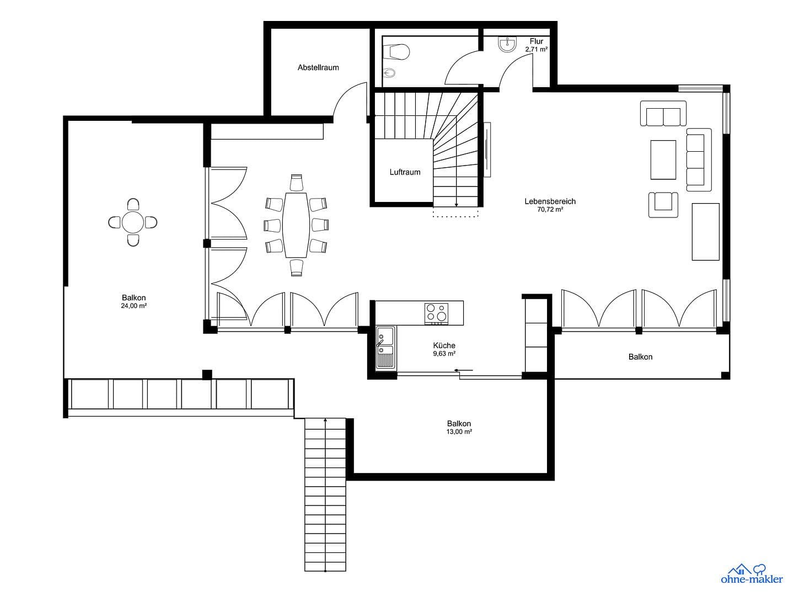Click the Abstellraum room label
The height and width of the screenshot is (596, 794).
tap(318, 67)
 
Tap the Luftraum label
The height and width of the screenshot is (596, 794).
tap(405, 172)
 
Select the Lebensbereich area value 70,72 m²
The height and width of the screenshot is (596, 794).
tap(550, 210)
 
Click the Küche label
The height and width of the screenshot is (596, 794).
tap(444, 345)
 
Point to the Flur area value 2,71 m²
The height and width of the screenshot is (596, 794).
tap(536, 49)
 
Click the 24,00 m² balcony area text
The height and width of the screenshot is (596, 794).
tap(133, 306)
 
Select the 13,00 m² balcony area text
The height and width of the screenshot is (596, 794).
tap(459, 432)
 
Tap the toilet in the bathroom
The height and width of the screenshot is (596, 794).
tap(398, 51)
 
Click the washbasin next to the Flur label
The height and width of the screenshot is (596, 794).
tap(507, 44)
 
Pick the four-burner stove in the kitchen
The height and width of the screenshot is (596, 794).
tap(436, 313)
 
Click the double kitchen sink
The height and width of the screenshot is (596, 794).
tap(384, 347)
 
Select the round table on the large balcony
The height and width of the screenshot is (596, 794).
tap(133, 222)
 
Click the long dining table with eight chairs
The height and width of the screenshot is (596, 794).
tap(296, 225)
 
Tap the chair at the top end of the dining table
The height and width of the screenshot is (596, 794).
tap(297, 183)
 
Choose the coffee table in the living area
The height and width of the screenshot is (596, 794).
tap(663, 159)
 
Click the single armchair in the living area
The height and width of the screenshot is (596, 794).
tap(663, 204)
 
